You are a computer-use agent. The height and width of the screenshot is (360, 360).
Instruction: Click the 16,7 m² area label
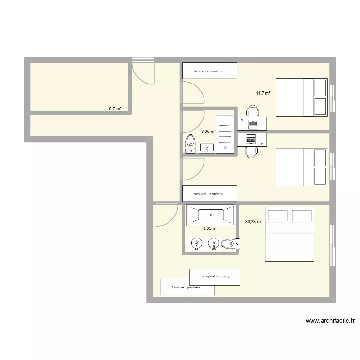click(x=114, y=109)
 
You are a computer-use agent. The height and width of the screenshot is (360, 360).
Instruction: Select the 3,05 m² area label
click(x=208, y=131)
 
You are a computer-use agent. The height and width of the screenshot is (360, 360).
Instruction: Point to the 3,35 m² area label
click(x=210, y=228)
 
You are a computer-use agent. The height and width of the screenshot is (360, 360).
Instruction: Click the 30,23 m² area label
click(x=254, y=222)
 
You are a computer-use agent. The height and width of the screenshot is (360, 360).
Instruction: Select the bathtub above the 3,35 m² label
click(x=211, y=216)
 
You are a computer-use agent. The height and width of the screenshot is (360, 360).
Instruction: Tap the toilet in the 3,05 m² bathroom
click(x=190, y=144)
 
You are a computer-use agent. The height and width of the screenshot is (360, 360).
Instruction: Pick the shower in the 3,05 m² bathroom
click(x=225, y=133)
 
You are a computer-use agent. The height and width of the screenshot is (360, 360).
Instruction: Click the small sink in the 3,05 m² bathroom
click(x=207, y=147)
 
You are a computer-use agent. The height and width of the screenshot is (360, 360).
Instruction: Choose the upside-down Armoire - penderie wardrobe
click(x=214, y=276)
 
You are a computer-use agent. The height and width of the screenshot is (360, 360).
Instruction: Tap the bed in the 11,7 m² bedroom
click(x=303, y=97)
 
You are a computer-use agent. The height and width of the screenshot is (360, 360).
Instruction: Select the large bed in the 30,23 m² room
click(x=289, y=234)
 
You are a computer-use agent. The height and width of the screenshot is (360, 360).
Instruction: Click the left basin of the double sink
click(x=196, y=244)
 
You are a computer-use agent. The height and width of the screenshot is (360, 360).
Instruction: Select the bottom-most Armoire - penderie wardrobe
click(x=187, y=287)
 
